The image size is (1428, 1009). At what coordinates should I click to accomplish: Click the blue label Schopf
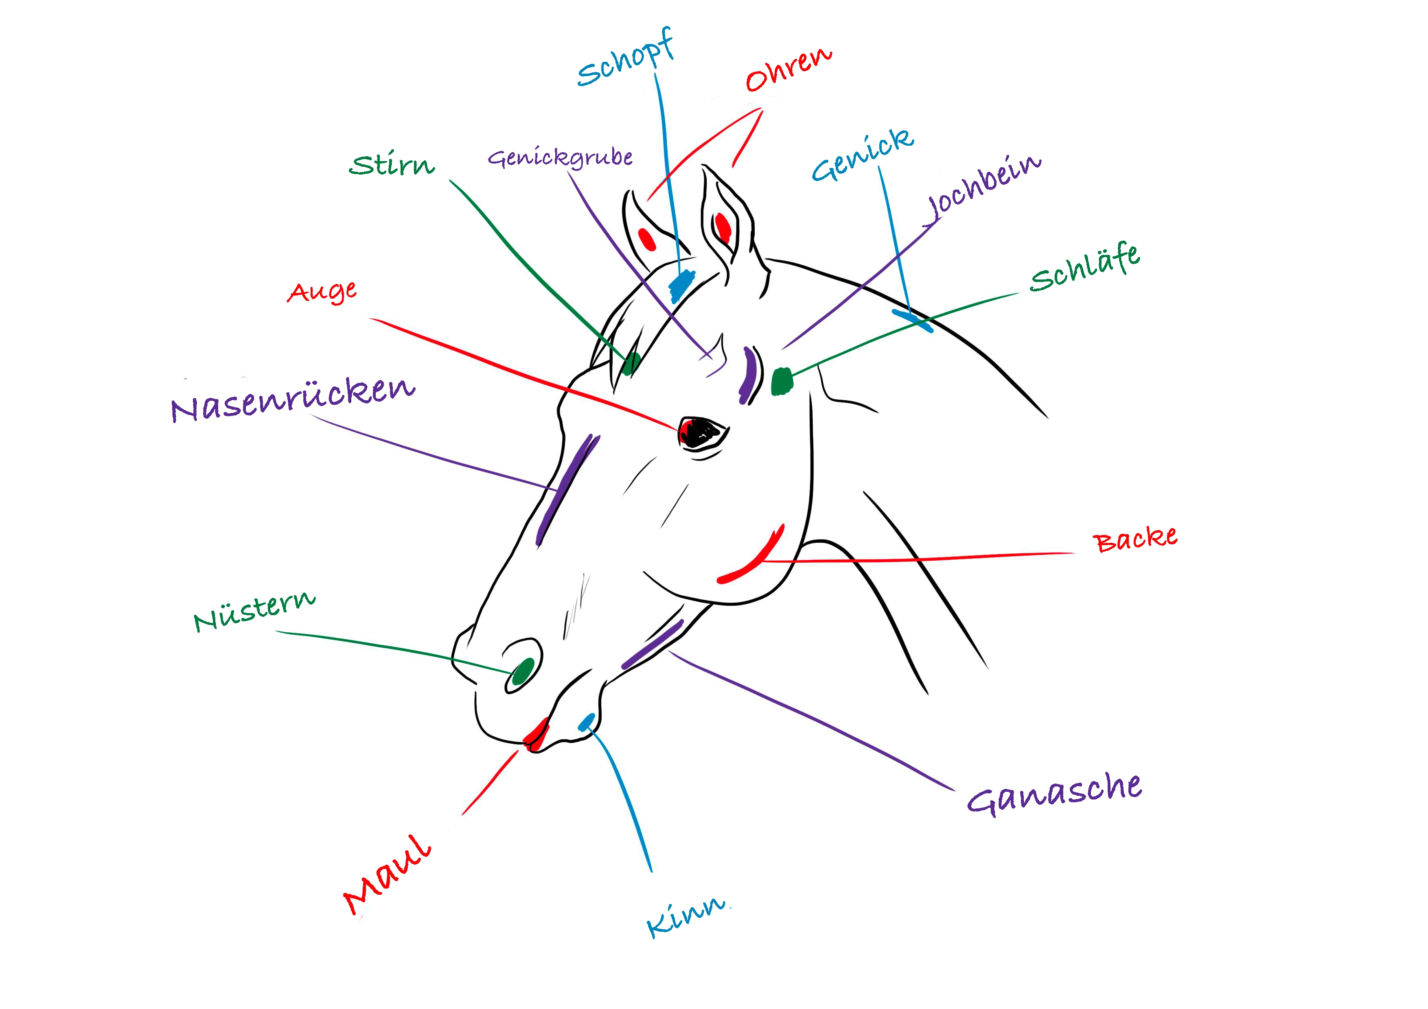coord(625,59)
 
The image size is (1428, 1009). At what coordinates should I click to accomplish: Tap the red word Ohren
coord(788,70)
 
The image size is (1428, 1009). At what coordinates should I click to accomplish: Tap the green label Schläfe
coord(1085,269)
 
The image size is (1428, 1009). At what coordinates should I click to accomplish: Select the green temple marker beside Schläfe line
coord(782,381)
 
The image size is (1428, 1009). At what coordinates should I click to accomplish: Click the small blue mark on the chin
coord(586,721)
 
